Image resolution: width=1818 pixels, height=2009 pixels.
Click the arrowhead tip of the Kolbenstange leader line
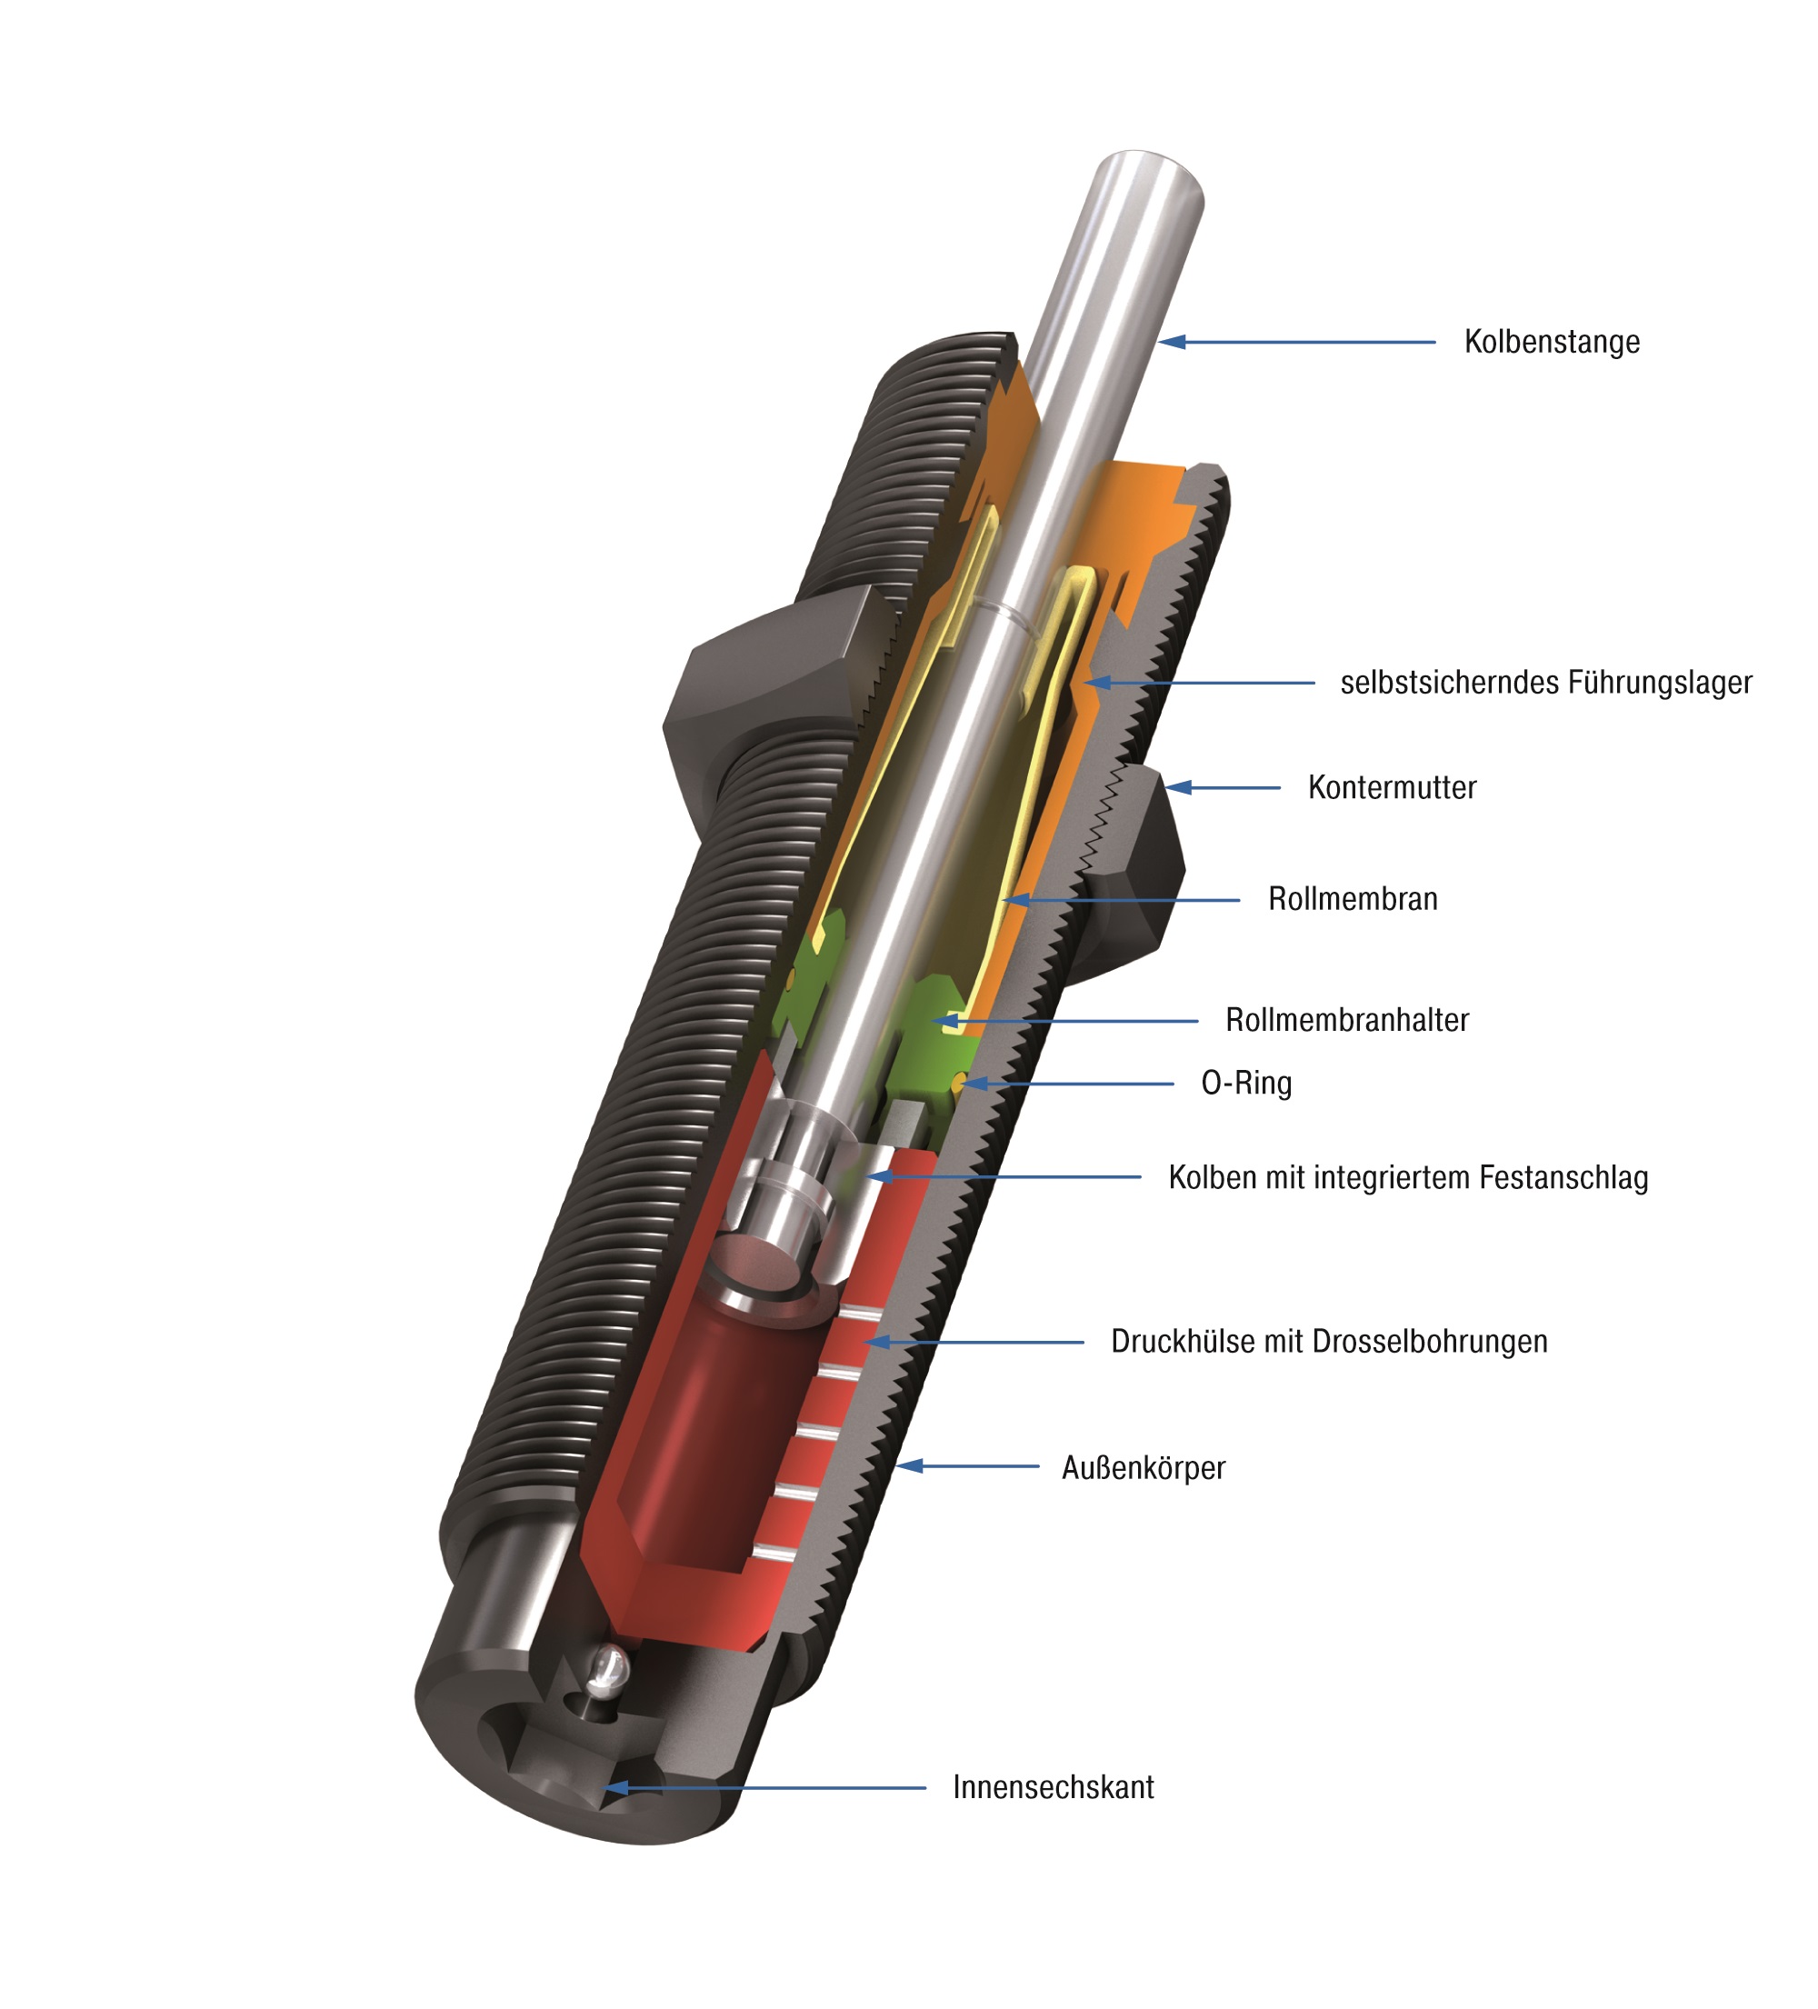[1159, 342]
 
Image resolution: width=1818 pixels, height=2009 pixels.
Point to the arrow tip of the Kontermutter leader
[1165, 787]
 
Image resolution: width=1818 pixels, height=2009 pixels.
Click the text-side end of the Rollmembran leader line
[1240, 900]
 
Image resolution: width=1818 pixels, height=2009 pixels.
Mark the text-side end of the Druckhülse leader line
[1084, 1343]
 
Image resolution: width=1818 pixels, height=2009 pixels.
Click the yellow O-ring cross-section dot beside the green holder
[959, 1080]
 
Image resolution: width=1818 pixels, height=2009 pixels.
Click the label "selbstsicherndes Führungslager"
[1546, 683]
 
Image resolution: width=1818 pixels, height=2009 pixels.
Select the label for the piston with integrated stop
[1408, 1177]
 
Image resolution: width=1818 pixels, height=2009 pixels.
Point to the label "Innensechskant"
[1054, 1787]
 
